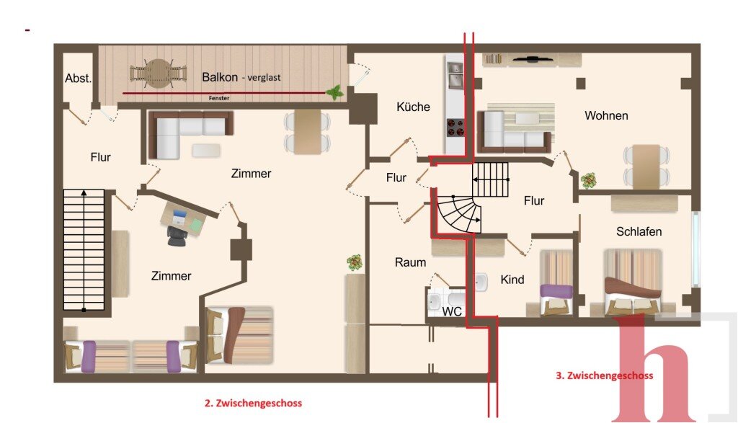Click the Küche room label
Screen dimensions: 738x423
click(413, 107)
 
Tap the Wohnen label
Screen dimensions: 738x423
click(606, 116)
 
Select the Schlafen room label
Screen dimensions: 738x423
click(639, 231)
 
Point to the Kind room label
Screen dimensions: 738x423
click(512, 280)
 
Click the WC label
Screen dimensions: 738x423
click(451, 311)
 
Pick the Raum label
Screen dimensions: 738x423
click(410, 262)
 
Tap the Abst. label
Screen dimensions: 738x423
click(78, 79)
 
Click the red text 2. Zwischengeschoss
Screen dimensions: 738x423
click(253, 404)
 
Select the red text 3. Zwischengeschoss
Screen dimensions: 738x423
click(605, 375)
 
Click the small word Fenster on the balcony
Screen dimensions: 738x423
click(219, 98)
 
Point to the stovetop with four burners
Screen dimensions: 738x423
click(455, 128)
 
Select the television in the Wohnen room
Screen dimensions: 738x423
click(533, 59)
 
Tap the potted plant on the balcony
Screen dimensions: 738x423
click(334, 92)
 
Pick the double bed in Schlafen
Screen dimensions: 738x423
click(633, 282)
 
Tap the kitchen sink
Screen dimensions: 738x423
click(455, 75)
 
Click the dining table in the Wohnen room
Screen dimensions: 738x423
click(646, 166)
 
